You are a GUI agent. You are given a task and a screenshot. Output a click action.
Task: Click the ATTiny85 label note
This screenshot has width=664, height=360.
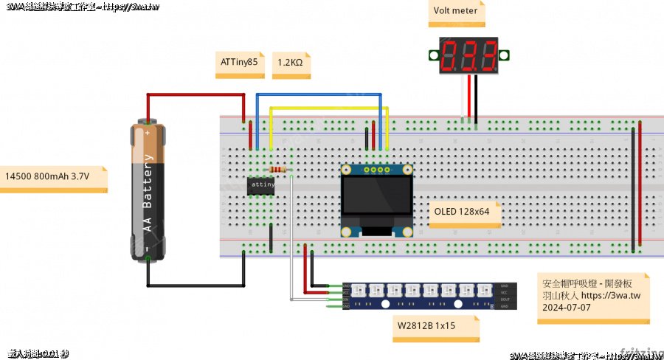pyautogui.click(x=239, y=63)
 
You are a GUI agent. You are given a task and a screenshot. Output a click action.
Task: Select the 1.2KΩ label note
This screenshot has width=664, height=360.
pyautogui.click(x=290, y=63)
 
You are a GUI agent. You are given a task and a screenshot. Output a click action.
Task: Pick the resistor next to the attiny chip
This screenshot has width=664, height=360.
pyautogui.click(x=277, y=170)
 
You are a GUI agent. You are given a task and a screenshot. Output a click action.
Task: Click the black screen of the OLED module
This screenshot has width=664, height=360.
pyautogui.click(x=376, y=199)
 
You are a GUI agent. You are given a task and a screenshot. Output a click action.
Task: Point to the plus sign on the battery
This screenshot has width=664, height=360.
pyautogui.click(x=148, y=134)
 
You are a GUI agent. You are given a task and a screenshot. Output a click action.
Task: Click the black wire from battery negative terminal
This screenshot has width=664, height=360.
pyautogui.click(x=196, y=285)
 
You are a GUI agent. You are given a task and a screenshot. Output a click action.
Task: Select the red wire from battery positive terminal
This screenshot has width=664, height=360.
pyautogui.click(x=196, y=94)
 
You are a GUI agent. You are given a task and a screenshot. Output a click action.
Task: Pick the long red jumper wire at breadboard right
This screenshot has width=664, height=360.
pyautogui.click(x=640, y=188)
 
